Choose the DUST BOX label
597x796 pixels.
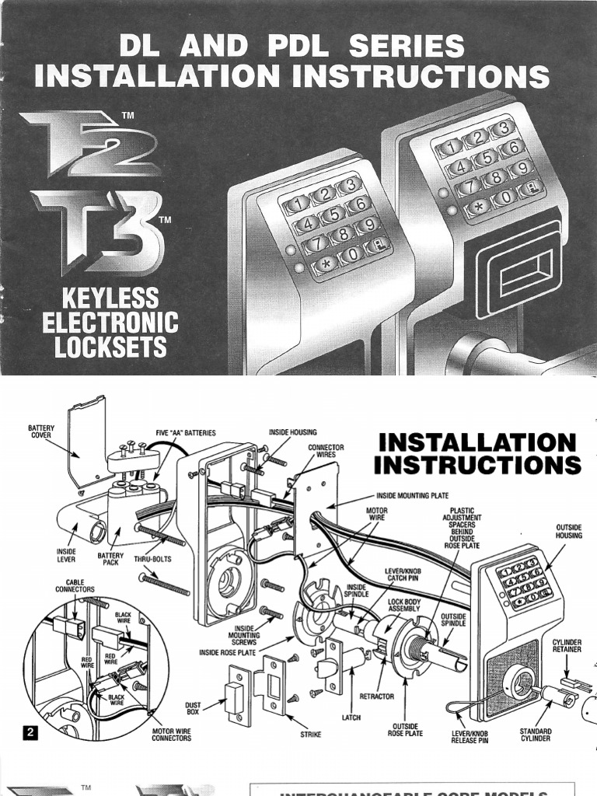point(194,707)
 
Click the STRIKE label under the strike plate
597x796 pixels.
point(311,733)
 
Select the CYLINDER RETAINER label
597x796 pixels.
point(567,647)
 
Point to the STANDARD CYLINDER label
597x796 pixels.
point(536,735)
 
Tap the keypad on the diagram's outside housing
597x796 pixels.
point(525,582)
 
